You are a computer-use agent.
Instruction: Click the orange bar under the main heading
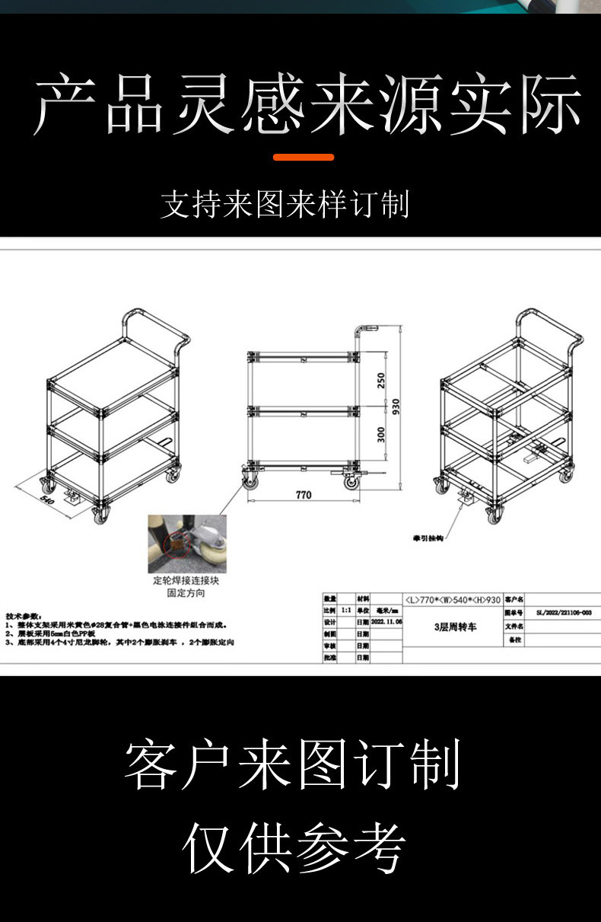coord(304,158)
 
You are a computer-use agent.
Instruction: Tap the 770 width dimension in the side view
coord(303,495)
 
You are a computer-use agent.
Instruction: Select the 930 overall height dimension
coord(396,407)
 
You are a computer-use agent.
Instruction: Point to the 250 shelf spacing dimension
coord(382,378)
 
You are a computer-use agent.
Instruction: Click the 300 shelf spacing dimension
coord(382,434)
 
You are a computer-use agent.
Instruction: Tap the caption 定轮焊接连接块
coord(180,581)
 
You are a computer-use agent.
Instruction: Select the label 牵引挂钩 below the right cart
coord(428,538)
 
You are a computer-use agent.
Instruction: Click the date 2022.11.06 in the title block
coord(386,622)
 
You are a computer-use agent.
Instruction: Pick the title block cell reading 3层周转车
coord(455,627)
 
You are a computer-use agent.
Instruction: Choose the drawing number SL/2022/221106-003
coord(564,611)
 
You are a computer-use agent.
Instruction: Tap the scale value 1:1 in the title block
coord(345,611)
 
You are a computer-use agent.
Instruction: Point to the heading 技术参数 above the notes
coord(24,615)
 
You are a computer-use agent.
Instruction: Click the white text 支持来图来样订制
coord(285,205)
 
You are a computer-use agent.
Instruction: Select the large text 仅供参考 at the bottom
coord(294,847)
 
